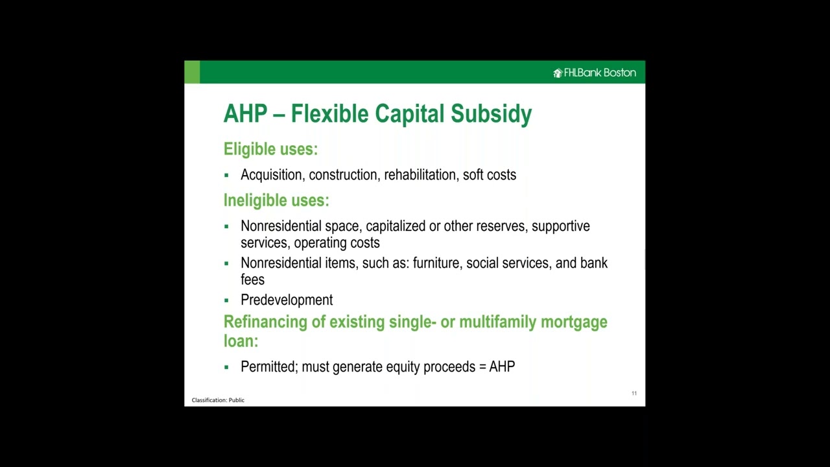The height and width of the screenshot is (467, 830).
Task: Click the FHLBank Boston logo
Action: coord(595,73)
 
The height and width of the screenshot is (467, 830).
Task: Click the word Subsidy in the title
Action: coord(491,114)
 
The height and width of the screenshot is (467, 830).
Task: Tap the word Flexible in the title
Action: coord(330,114)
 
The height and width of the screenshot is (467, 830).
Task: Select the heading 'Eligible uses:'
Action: coord(270,149)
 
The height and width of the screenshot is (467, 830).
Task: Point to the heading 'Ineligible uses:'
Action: coord(276,200)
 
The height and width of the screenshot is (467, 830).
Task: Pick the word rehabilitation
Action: coord(420,175)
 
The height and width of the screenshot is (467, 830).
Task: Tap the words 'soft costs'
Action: coord(490,175)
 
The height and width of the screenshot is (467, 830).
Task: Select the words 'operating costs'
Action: coord(337,243)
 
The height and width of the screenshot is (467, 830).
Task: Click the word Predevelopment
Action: coord(287,300)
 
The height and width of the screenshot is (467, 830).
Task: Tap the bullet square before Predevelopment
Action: coord(226,300)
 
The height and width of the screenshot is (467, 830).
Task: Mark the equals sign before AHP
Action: coord(482,367)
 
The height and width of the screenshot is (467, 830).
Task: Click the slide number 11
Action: coord(634,393)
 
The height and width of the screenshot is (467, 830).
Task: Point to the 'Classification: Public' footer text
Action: coord(218,400)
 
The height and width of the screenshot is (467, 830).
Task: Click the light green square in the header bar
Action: coord(192,72)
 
